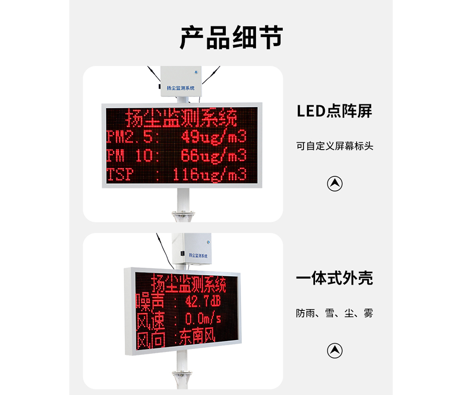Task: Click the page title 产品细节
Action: pyautogui.click(x=231, y=37)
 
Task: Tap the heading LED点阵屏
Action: pyautogui.click(x=334, y=111)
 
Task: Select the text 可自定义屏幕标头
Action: pyautogui.click(x=334, y=146)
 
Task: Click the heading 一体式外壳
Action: pyautogui.click(x=334, y=278)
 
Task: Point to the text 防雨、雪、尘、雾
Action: pyautogui.click(x=334, y=313)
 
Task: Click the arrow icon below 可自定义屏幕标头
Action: pyautogui.click(x=334, y=184)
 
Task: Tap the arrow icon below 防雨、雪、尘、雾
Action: pyautogui.click(x=334, y=351)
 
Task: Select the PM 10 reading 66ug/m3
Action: pyautogui.click(x=213, y=156)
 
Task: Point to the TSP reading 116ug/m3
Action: pyautogui.click(x=210, y=174)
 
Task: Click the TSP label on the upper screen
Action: pyautogui.click(x=120, y=174)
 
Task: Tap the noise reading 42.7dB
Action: pyautogui.click(x=203, y=301)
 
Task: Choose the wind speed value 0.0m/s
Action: pyautogui.click(x=203, y=319)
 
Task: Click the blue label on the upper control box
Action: pyautogui.click(x=181, y=88)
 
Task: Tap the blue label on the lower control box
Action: pyautogui.click(x=198, y=255)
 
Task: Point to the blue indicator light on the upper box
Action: pyautogui.click(x=196, y=72)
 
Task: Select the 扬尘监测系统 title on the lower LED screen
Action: pyautogui.click(x=188, y=283)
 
